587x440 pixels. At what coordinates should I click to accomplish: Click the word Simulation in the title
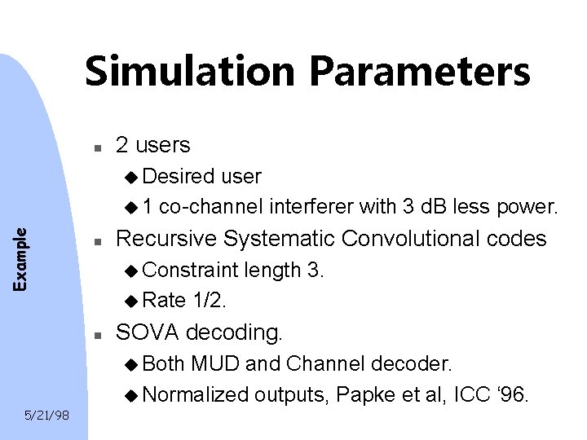coord(188,72)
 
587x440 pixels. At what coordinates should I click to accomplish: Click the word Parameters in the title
coord(417,72)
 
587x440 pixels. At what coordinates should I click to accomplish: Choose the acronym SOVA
coord(145,332)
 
